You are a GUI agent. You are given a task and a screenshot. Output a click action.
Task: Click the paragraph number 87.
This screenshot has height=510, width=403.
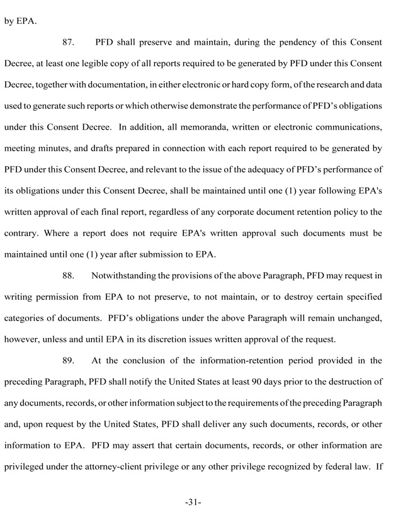coord(70,42)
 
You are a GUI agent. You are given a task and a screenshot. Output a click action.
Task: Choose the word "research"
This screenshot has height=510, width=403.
coord(316,84)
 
